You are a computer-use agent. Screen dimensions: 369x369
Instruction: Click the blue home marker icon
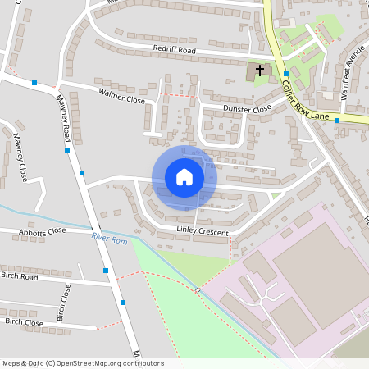click(184, 176)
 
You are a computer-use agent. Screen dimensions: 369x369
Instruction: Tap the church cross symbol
click(260, 71)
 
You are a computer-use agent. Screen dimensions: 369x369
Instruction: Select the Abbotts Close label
click(41, 232)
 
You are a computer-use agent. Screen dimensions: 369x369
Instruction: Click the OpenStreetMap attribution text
click(83, 363)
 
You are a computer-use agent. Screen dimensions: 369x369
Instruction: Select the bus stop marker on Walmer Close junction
click(34, 83)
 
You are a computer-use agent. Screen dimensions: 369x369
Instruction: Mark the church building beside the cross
click(253, 73)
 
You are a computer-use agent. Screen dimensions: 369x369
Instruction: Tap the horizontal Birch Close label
click(24, 322)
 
